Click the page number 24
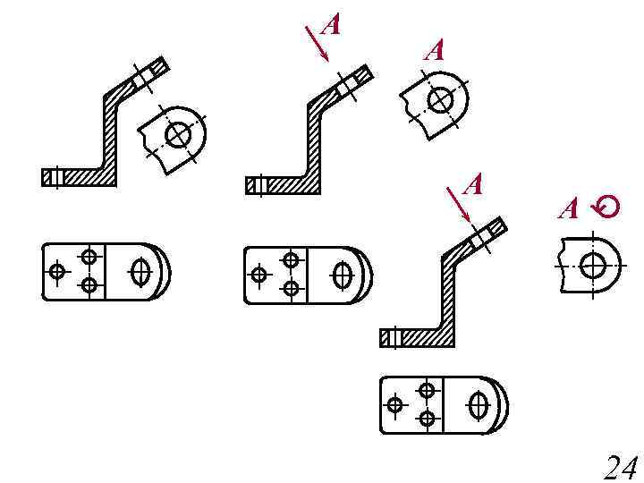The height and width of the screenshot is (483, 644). coord(620,468)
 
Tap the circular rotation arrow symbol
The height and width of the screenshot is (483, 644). coord(607,208)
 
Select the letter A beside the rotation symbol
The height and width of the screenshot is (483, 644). coord(569,210)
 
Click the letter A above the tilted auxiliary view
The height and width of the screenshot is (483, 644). coord(434,50)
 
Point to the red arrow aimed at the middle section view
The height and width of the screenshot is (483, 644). coord(317,43)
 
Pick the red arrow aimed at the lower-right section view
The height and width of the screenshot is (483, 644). coord(458,205)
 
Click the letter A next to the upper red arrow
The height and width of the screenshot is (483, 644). coord(330,25)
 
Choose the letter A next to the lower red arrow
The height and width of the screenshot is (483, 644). coord(473,186)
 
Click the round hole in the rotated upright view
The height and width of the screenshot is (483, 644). coord(591,265)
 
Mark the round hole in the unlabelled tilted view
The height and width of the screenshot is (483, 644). coord(179,134)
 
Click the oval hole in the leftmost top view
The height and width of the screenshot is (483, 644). coord(140,271)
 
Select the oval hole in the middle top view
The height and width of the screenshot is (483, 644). coord(342,275)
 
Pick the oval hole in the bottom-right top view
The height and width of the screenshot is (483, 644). coord(479,405)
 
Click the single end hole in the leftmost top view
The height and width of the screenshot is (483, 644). coord(58,270)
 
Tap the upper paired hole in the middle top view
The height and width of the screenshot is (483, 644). coord(291,260)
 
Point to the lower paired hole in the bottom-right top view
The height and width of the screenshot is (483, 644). coord(427,419)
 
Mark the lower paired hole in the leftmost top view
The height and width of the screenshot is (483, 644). coord(89,285)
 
